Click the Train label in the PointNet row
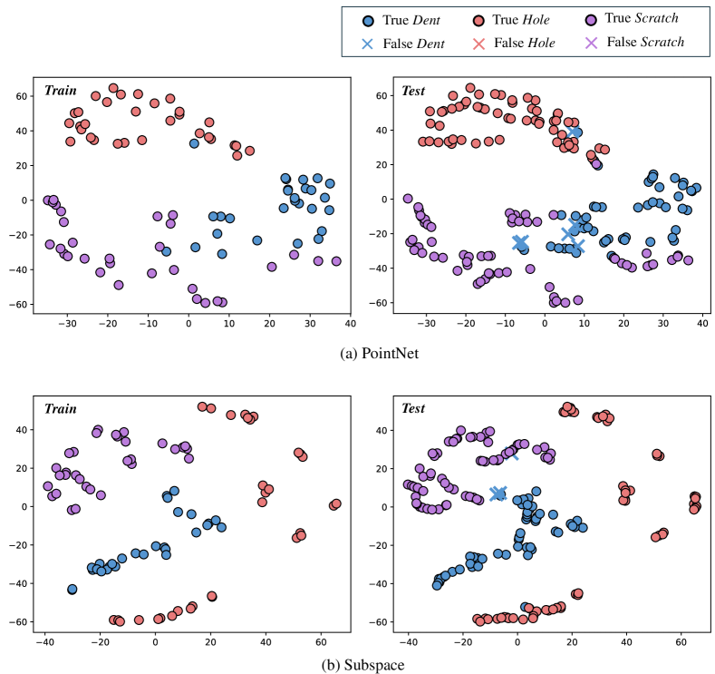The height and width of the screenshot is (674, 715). pyautogui.click(x=62, y=91)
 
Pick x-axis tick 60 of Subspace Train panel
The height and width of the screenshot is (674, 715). pyautogui.click(x=320, y=641)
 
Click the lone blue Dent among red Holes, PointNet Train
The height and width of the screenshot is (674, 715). pyautogui.click(x=194, y=143)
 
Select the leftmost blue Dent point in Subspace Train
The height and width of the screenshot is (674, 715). pyautogui.click(x=72, y=589)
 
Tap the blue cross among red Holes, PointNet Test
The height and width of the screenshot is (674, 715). pyautogui.click(x=575, y=132)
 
